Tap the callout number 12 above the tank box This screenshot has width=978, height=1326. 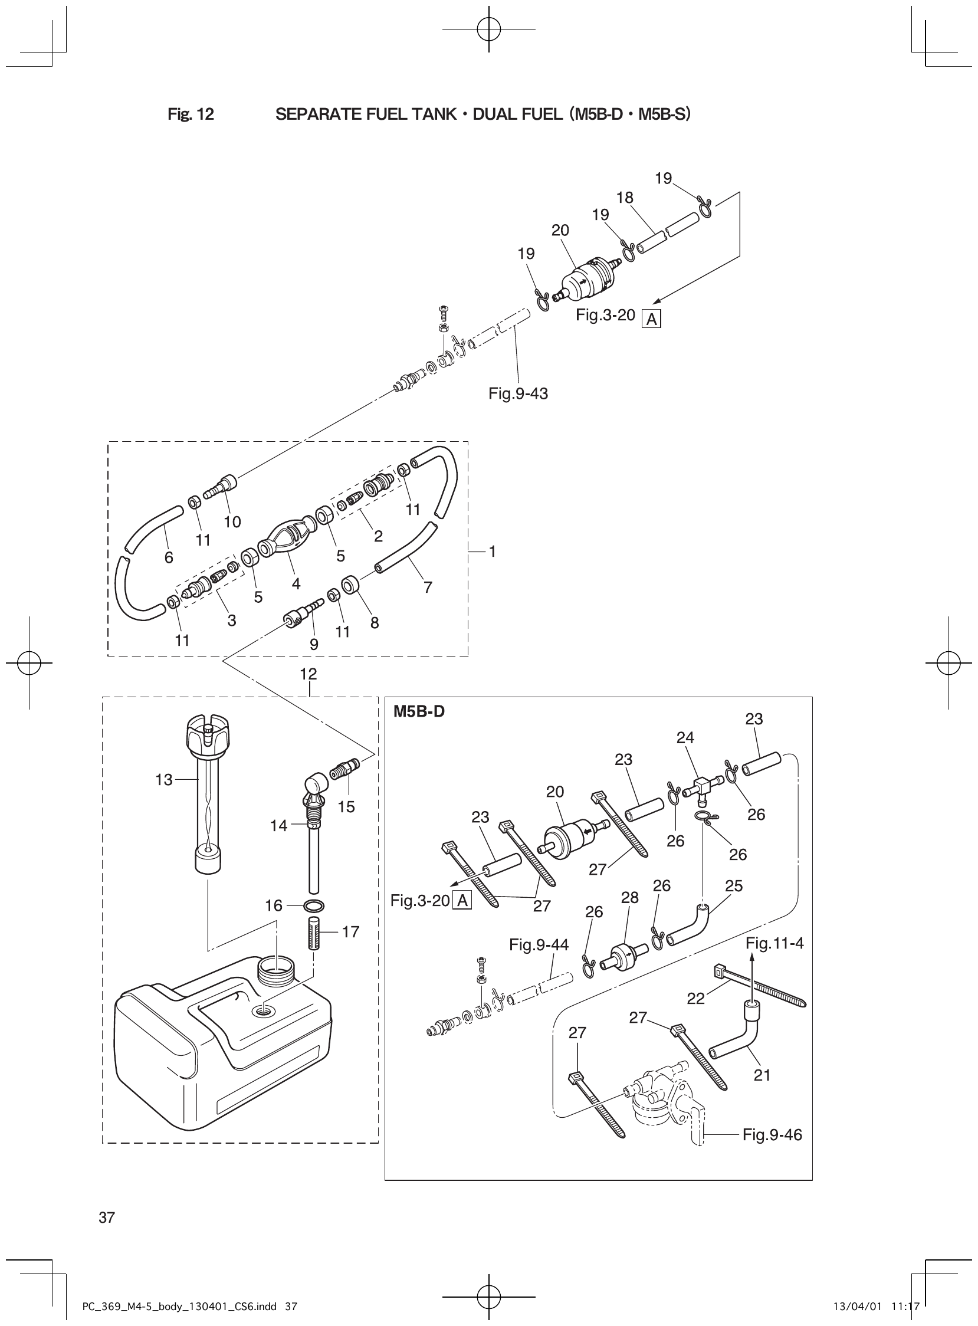(x=309, y=674)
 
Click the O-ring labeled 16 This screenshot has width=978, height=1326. (x=313, y=905)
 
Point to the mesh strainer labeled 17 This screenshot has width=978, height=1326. (x=313, y=933)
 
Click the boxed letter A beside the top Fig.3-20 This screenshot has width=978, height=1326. (x=652, y=320)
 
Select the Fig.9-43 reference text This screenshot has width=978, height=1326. (x=518, y=393)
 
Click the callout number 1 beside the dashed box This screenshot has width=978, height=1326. (x=492, y=551)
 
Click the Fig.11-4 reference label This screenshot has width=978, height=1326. (x=774, y=943)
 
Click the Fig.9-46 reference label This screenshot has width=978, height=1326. (x=772, y=1135)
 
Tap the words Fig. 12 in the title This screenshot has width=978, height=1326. (x=191, y=114)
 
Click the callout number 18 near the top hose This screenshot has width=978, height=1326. (x=625, y=198)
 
